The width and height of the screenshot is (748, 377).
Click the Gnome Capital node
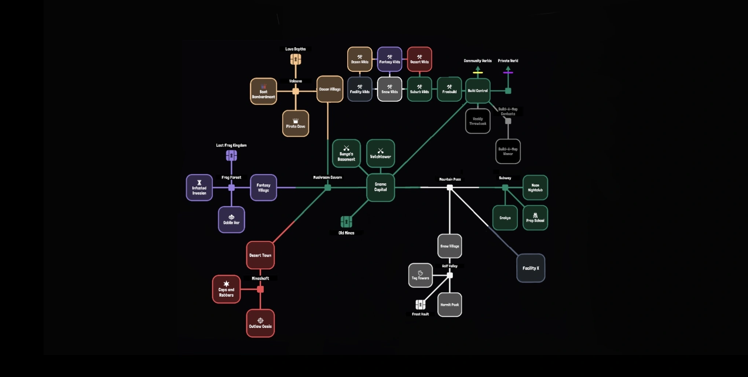[380, 187]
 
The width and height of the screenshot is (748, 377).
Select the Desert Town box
[260, 255]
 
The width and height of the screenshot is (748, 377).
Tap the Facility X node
[531, 268]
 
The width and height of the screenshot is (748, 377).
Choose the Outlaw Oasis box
[260, 323]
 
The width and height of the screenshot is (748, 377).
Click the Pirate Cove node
[296, 123]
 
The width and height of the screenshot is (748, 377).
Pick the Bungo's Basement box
[346, 153]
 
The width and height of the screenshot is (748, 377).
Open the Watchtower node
[380, 153]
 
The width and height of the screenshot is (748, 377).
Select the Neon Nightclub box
[535, 187]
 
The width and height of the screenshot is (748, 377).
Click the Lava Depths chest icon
[296, 59]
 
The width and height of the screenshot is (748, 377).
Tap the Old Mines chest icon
[346, 222]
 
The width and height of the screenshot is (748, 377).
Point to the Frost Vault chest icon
[420, 304]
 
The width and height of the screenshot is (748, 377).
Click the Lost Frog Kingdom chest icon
[231, 155]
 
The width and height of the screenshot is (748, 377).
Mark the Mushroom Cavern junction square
[328, 187]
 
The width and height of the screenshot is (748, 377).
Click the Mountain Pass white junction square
[450, 187]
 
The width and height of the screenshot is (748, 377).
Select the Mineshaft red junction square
[260, 289]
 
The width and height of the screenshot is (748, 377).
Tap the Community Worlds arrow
[478, 69]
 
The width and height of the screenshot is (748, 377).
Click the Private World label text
[508, 61]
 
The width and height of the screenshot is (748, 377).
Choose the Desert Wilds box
[419, 59]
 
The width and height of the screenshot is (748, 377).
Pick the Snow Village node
[450, 246]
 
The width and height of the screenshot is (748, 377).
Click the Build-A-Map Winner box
[508, 151]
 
